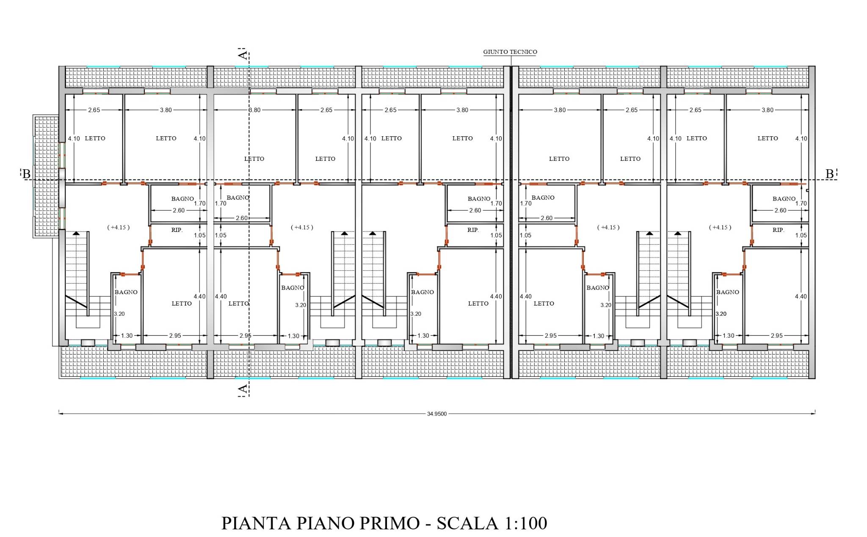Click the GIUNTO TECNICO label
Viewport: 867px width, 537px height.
(510, 52)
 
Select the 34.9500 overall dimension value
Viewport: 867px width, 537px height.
(437, 414)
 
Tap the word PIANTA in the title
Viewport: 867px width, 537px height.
(256, 523)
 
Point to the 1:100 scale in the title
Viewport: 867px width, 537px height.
(525, 523)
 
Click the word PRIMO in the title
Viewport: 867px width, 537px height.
(389, 523)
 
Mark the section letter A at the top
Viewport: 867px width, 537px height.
(243, 55)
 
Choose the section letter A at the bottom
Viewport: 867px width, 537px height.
(243, 388)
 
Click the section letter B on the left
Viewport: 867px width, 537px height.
(26, 174)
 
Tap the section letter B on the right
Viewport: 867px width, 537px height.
(830, 174)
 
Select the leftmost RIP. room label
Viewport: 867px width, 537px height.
(177, 230)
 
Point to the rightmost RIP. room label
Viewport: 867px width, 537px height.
(778, 230)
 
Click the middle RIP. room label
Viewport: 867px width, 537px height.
(473, 230)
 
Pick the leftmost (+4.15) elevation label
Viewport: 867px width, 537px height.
(119, 227)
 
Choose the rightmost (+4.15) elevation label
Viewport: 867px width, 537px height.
(720, 227)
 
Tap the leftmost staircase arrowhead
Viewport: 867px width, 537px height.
(76, 233)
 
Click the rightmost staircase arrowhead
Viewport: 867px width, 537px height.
(678, 233)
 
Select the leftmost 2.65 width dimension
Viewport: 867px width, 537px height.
(94, 110)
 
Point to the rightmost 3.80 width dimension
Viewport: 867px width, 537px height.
(768, 110)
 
